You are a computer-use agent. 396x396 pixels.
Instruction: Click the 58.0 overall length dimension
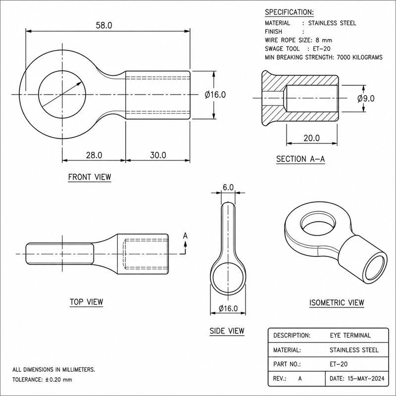click(104, 25)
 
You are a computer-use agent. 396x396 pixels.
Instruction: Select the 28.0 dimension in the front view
click(94, 155)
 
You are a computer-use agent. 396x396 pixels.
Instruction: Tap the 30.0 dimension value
click(158, 155)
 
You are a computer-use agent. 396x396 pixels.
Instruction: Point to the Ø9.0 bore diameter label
click(366, 98)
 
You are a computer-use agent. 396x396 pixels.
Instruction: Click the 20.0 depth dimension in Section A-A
click(312, 138)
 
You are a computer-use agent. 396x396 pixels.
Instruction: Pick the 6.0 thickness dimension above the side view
click(228, 187)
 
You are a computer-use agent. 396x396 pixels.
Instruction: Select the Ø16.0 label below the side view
click(228, 308)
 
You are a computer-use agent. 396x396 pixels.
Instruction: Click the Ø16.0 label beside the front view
click(215, 95)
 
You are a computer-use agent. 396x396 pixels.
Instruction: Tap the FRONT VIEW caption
click(90, 177)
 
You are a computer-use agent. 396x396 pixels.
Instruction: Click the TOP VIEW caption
click(86, 302)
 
